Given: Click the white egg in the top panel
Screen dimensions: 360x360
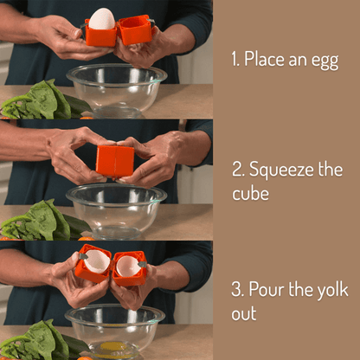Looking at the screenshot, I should tap(102, 19).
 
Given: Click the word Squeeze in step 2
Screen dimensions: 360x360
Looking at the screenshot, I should tap(280, 170).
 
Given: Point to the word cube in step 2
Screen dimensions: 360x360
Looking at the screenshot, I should tap(251, 193).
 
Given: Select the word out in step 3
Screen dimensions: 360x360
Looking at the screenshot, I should tap(244, 312).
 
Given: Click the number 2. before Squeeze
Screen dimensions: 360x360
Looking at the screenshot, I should tap(236, 169).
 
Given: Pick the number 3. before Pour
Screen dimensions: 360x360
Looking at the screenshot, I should tap(236, 289).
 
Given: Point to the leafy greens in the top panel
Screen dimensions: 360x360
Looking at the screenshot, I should tap(39, 102).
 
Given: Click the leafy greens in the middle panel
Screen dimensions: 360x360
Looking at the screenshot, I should tap(43, 221).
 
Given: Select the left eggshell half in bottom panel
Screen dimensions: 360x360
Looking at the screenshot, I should tap(96, 261).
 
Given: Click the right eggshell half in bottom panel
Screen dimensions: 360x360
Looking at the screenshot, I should tap(129, 266).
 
